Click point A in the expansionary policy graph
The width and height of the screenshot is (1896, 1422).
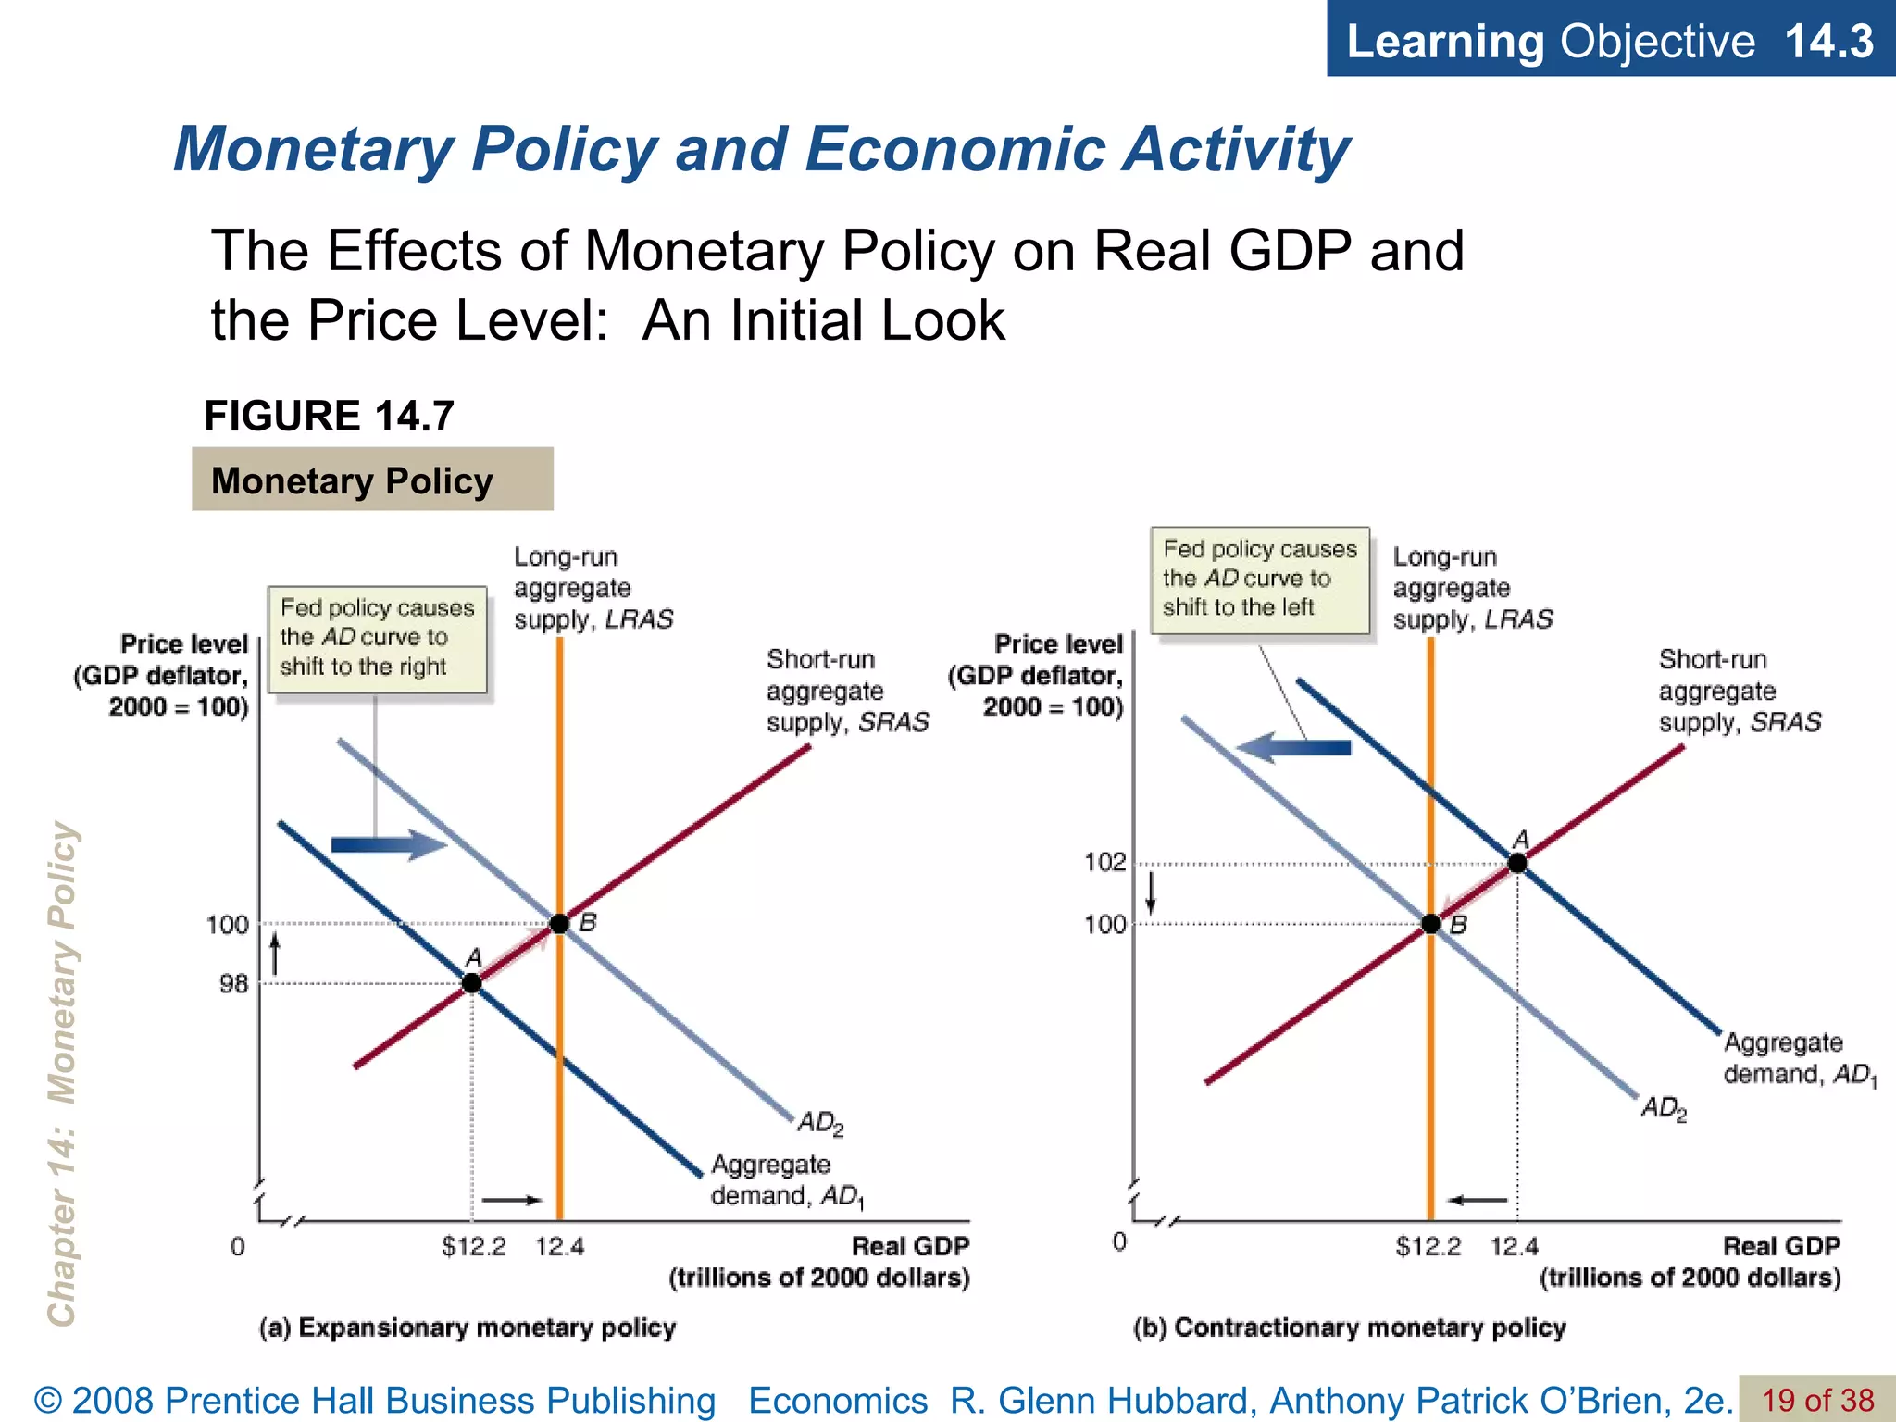coord(472,983)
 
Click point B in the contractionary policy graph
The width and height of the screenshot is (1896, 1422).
coord(1431,924)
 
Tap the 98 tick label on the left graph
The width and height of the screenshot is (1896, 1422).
coord(233,984)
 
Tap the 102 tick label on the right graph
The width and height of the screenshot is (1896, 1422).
coord(1105,863)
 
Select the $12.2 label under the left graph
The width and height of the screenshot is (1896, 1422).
coord(473,1247)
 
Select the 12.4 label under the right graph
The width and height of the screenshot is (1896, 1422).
coord(1514,1247)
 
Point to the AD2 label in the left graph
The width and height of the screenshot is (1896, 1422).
coord(820,1123)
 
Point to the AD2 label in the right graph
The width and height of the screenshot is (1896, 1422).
coord(1664,1108)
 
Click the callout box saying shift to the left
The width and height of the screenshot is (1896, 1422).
coord(1260,580)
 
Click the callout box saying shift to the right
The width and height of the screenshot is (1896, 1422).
coord(377,639)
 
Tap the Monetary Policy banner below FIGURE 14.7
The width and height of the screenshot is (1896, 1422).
coord(372,480)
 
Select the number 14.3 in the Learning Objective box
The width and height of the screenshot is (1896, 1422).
coord(1828,41)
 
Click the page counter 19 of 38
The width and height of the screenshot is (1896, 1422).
coord(1816,1400)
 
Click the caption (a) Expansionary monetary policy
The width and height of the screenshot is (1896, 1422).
coord(468,1328)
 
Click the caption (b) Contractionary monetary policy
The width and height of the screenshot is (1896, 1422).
coord(1349,1328)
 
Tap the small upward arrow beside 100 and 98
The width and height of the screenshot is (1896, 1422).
coord(275,954)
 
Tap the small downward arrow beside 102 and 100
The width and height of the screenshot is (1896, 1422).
coord(1151,892)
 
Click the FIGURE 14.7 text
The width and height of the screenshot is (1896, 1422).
coord(329,416)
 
